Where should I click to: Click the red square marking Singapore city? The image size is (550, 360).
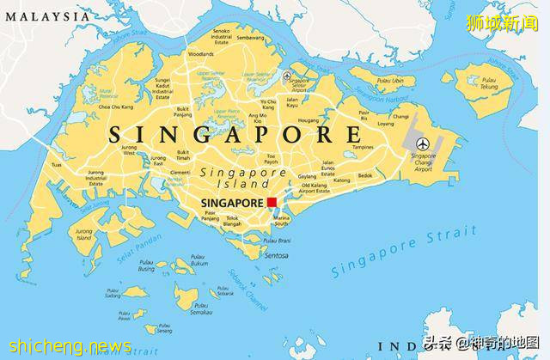pos(272,203)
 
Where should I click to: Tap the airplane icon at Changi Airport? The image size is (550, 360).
pos(422,143)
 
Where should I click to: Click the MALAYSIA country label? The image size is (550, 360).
pos(46,15)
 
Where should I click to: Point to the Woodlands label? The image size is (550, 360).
pos(201,53)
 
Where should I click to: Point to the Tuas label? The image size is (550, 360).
pos(57,164)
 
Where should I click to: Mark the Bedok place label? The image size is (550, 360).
pos(365,175)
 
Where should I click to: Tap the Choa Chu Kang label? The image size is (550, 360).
pos(115,107)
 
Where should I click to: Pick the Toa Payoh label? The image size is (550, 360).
pos(271,159)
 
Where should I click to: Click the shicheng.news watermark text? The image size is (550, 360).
pos(66,347)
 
